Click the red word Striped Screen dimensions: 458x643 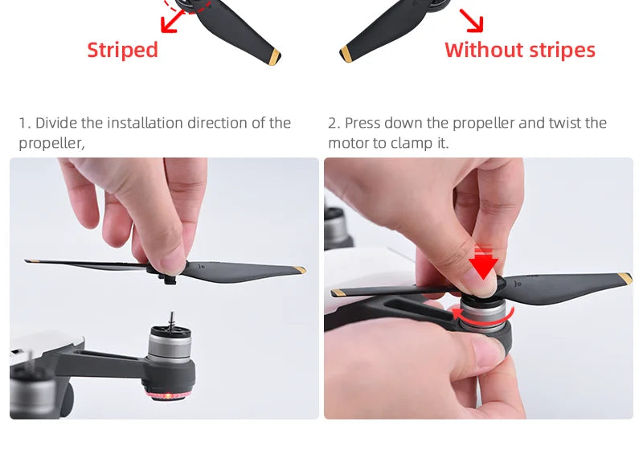pos(122,50)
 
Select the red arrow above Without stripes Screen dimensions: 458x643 pos(471,20)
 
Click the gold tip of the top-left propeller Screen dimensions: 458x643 pos(274,56)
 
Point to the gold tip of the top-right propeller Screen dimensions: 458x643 pos(347,55)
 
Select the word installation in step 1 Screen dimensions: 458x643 pos(146,123)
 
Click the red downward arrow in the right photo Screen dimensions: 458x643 pos(482,263)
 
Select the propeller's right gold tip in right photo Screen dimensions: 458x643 pos(625,279)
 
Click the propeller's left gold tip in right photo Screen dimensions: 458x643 pos(338,293)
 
